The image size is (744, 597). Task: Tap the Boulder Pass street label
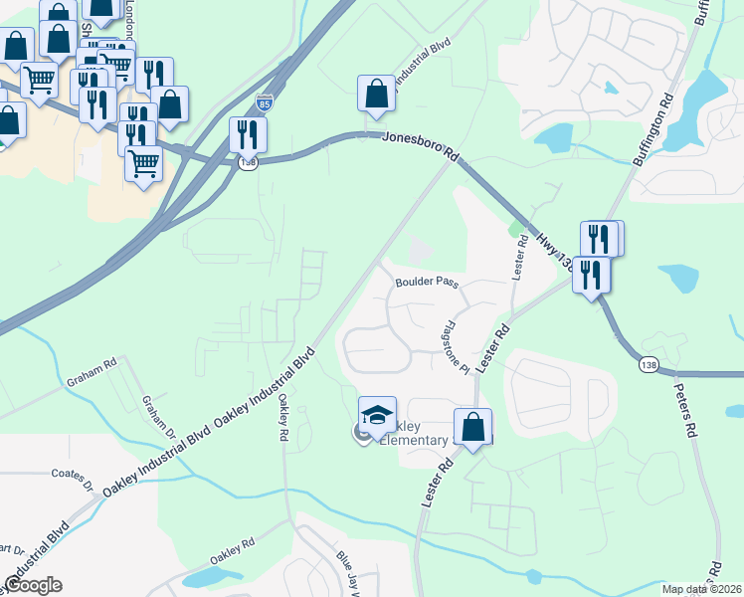point(426,283)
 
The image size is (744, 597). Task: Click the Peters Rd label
point(686,411)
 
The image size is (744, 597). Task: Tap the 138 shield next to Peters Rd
point(648,366)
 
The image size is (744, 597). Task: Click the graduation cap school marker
point(377,414)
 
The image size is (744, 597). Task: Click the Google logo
point(33,584)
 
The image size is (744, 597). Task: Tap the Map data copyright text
point(702,589)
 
